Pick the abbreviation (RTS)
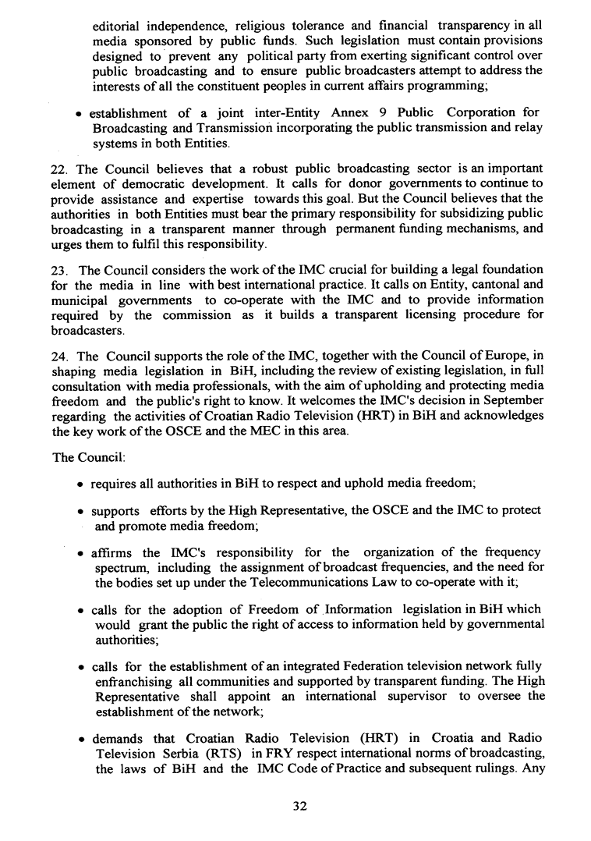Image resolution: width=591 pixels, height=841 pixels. tap(224, 754)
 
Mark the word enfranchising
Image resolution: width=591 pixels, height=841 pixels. tap(134, 681)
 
